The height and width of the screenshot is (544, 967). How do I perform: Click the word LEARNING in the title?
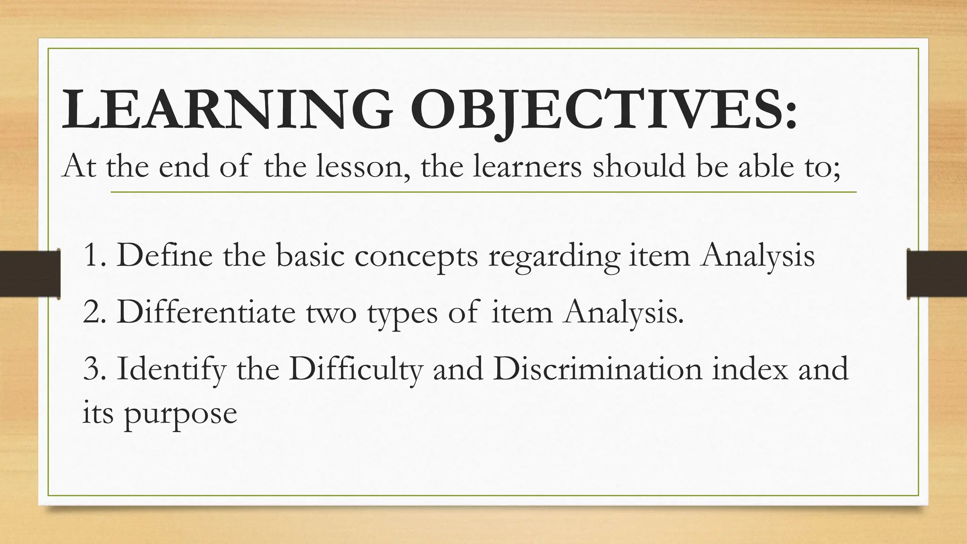(227, 109)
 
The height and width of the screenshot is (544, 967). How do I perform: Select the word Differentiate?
(206, 312)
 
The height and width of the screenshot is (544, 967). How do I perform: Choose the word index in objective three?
(751, 369)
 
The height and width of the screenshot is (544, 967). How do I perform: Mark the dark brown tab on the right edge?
(937, 274)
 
